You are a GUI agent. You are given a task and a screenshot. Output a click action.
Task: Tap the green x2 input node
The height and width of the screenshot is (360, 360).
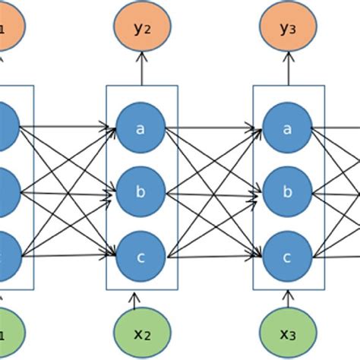pos(141,332)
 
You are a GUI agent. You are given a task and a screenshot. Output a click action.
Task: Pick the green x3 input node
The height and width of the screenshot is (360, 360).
pos(288,332)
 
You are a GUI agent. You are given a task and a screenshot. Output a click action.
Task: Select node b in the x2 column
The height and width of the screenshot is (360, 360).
pos(141,191)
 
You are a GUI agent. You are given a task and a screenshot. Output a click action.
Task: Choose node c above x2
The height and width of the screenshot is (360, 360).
pos(141,256)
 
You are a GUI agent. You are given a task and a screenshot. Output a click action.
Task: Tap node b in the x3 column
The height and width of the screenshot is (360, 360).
pos(288,191)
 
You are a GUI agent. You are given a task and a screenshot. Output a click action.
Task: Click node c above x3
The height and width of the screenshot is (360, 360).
pos(288,256)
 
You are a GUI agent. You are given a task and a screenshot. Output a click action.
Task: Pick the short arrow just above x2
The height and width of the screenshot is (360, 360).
pos(136,302)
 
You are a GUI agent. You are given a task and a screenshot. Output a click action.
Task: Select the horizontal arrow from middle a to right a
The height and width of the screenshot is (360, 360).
pos(214,128)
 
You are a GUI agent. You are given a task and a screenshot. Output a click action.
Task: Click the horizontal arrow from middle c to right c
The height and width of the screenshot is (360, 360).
pos(214,257)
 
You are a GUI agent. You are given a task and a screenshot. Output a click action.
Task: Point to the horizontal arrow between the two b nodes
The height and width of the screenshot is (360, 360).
pos(214,192)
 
